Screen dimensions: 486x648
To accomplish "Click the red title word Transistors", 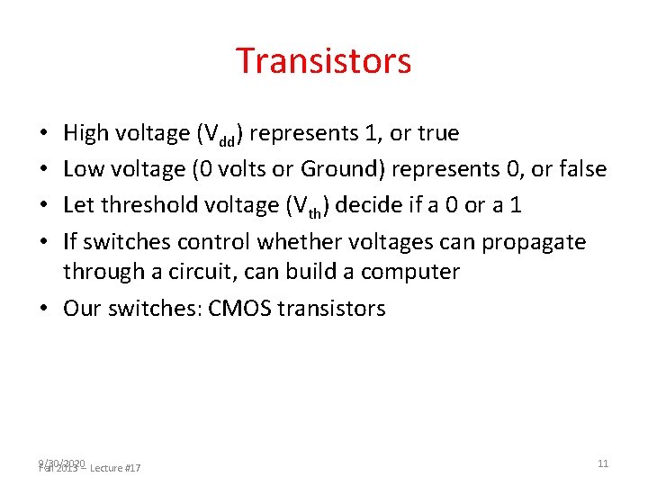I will tap(324, 61).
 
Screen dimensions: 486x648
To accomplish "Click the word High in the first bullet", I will tap(84, 134).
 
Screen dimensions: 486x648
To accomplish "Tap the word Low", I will tap(82, 169).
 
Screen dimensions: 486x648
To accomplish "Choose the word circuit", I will tap(193, 272).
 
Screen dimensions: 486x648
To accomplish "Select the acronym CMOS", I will tap(239, 309).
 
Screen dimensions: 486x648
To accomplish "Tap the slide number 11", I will tap(603, 463).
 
